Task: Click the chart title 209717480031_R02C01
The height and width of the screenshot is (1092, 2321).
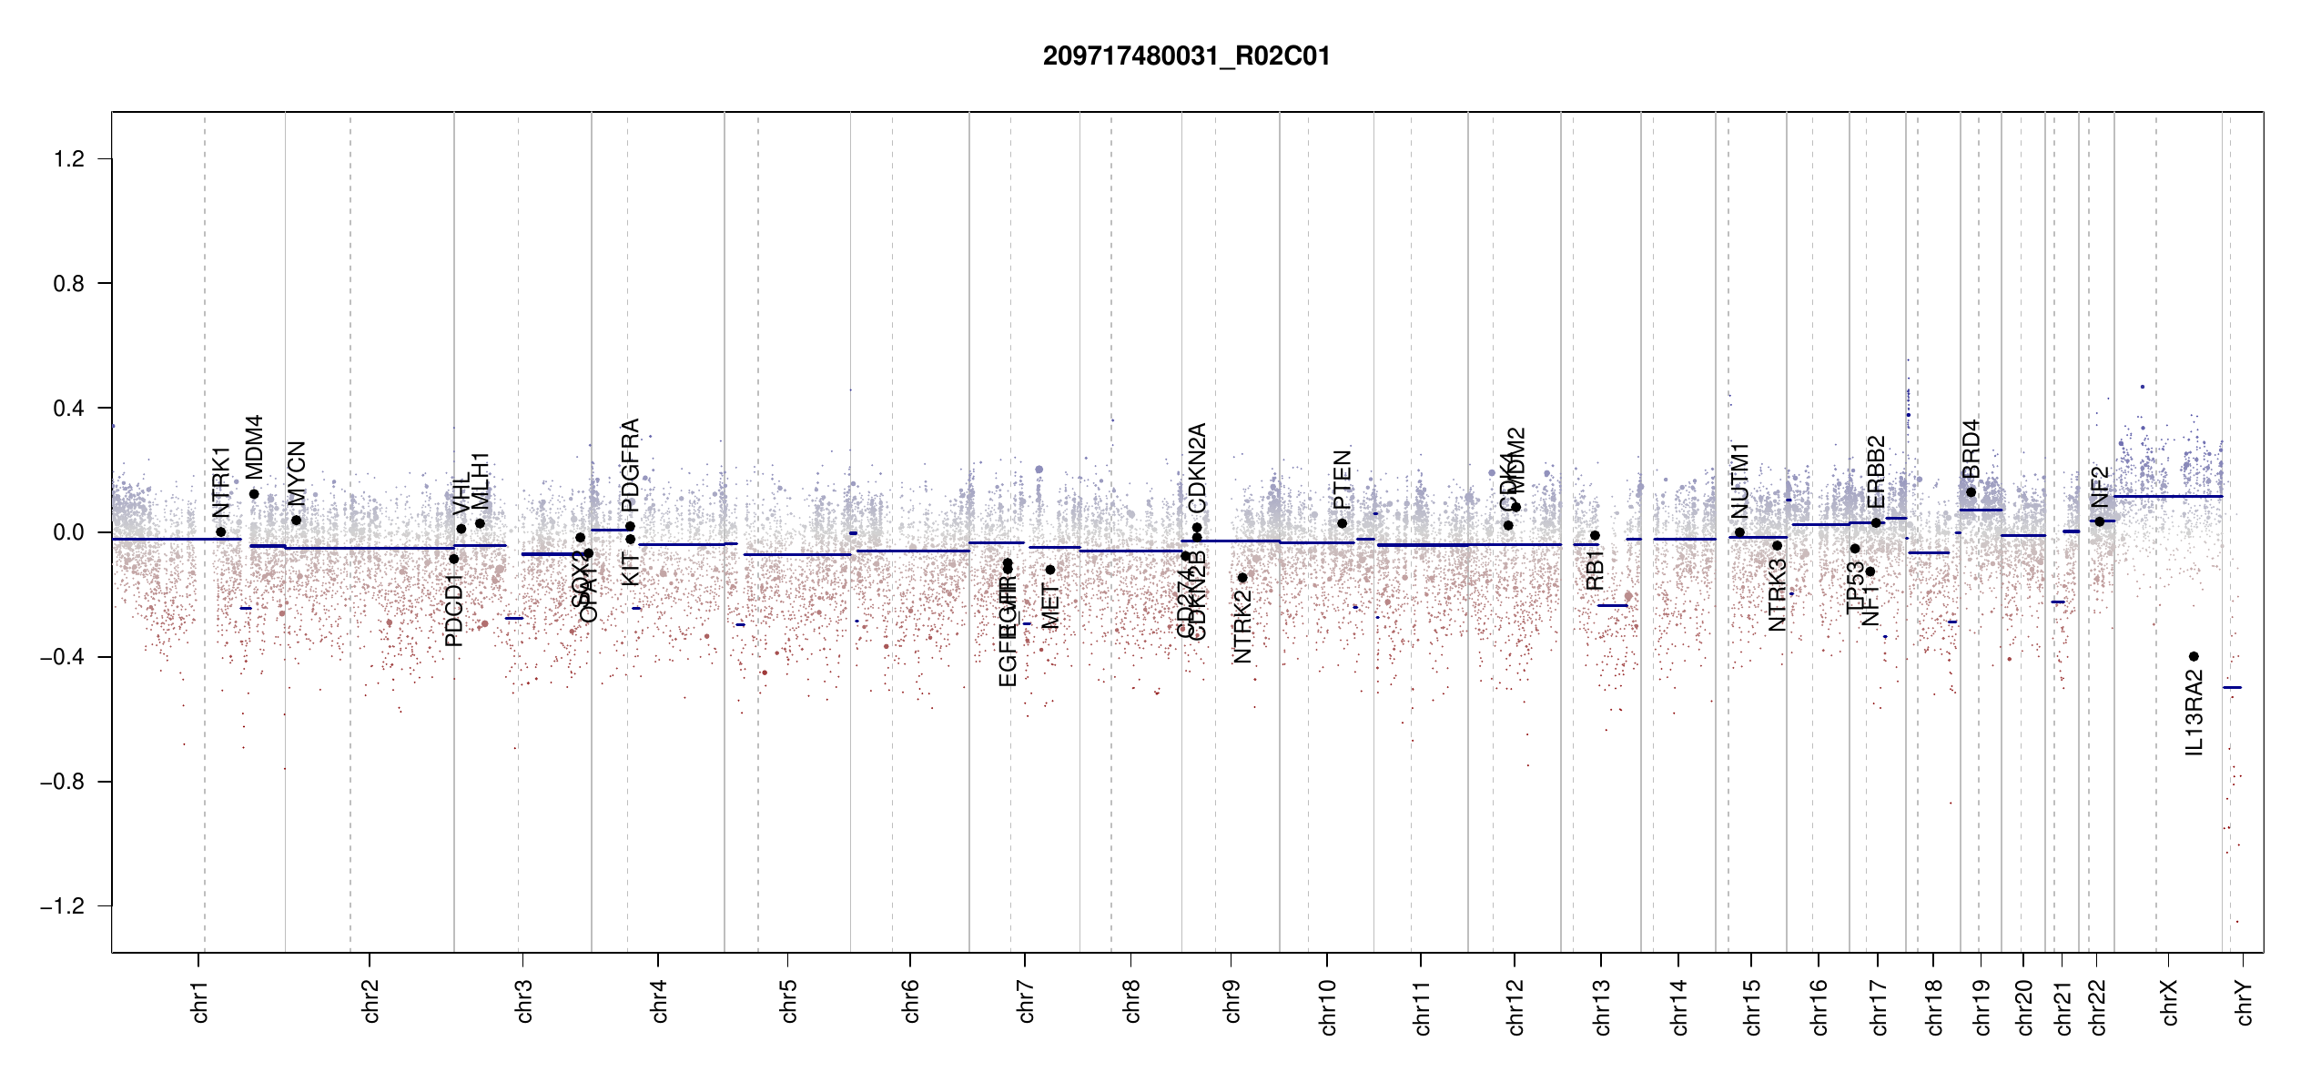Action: tap(1186, 56)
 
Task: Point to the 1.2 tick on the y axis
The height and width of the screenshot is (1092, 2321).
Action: tap(69, 159)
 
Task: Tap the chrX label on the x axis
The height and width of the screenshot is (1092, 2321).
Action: tap(2169, 1003)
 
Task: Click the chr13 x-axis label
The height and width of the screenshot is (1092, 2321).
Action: tap(1602, 1006)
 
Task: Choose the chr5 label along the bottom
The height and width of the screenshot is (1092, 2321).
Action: tap(788, 1001)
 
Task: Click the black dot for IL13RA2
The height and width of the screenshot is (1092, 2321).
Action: tap(2194, 656)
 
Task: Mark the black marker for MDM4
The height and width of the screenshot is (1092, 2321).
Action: tap(254, 494)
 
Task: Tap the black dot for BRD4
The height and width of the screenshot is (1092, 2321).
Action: tap(1971, 492)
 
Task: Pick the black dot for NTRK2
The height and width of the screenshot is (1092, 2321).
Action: tap(1242, 578)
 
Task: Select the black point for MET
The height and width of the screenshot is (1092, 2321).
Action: tap(1050, 570)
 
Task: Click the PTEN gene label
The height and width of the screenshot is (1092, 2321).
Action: tap(1342, 480)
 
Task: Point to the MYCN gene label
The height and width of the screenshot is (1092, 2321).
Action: tap(296, 473)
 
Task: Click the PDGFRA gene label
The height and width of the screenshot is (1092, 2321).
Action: tap(630, 465)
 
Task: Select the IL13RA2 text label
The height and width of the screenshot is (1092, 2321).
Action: tap(2194, 713)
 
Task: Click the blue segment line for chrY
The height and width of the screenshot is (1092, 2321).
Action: tap(2232, 687)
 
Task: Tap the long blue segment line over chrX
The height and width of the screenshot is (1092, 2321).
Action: tap(2167, 496)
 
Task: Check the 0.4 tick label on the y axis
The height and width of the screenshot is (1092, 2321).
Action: tap(69, 408)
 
